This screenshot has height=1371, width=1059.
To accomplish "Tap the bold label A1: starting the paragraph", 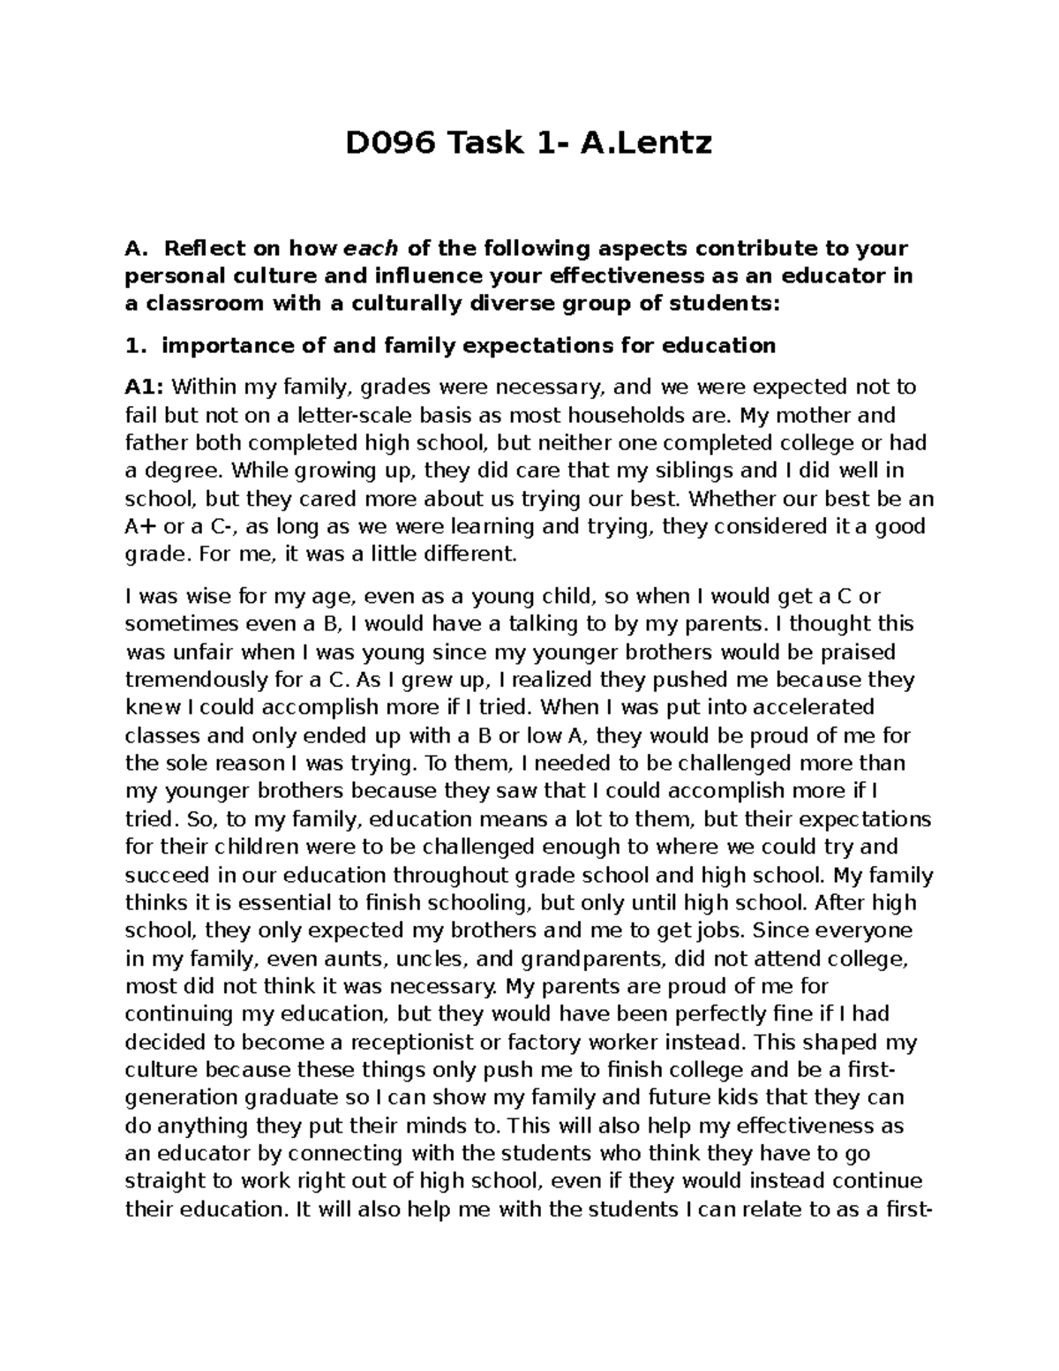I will coord(145,387).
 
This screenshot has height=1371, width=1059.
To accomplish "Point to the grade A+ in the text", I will coord(141,527).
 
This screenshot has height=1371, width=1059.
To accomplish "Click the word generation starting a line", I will coord(180,1098).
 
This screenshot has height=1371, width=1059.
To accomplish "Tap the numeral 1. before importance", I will coord(134,345).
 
